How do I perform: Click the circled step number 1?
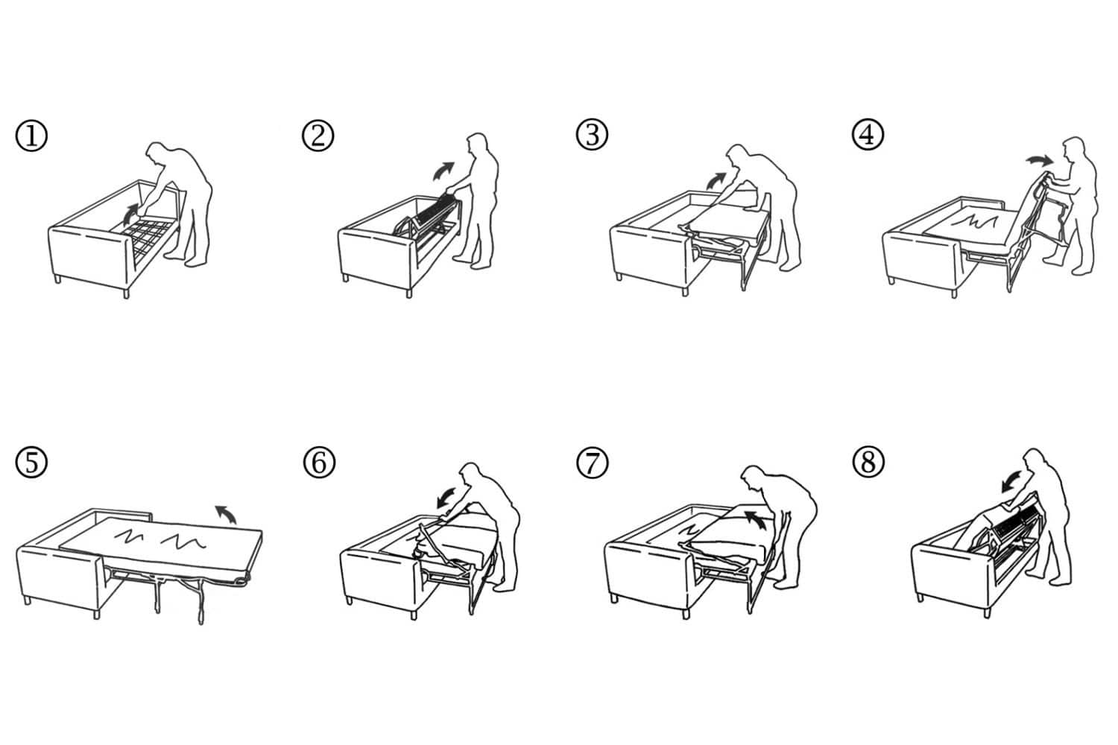click(31, 136)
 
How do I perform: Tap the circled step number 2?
click(318, 136)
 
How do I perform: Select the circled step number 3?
click(592, 135)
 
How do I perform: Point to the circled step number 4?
click(868, 135)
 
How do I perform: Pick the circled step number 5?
click(31, 462)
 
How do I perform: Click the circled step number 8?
click(868, 461)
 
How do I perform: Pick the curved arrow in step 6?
click(446, 496)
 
